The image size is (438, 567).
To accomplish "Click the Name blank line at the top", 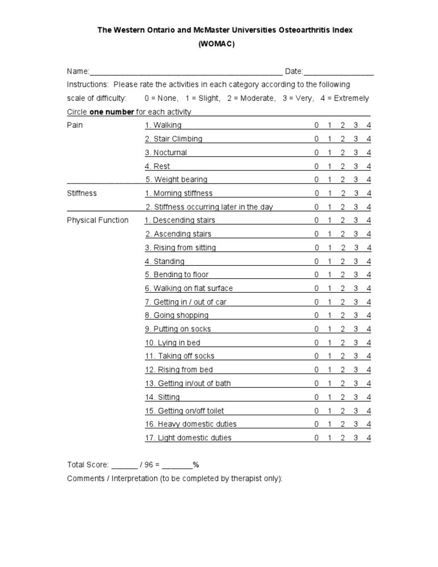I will [185, 72].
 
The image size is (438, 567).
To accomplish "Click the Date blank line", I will [339, 72].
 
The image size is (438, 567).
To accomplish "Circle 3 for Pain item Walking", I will [355, 125].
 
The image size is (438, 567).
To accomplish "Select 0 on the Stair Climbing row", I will [316, 139].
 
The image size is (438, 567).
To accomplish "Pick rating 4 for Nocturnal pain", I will [369, 152].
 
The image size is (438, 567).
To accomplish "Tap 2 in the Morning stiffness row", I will [343, 193].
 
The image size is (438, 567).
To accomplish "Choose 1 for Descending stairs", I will [330, 220].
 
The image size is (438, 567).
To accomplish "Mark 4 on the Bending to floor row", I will [369, 275].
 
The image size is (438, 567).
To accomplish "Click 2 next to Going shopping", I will [343, 315].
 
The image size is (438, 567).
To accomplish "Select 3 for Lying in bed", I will [355, 343].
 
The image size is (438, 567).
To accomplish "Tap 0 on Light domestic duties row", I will [316, 438].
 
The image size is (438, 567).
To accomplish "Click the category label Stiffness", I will [82, 193].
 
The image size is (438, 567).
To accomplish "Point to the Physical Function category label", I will [98, 220].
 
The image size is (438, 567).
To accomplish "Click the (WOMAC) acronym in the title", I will [216, 43].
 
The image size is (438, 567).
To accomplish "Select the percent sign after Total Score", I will [196, 464].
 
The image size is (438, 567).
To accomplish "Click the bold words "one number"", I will [112, 112].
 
